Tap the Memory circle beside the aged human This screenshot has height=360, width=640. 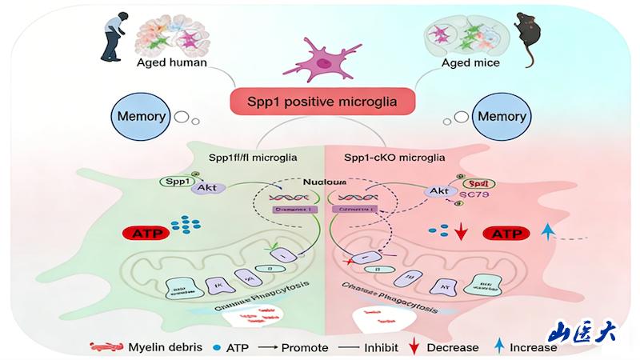142,117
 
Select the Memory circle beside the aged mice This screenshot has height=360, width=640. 502,117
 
